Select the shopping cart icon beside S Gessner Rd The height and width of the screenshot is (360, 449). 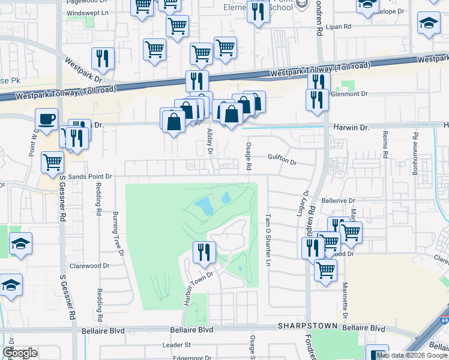tap(53, 161)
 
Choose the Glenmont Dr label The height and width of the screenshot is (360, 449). tap(349, 94)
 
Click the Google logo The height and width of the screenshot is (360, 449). tap(20, 352)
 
